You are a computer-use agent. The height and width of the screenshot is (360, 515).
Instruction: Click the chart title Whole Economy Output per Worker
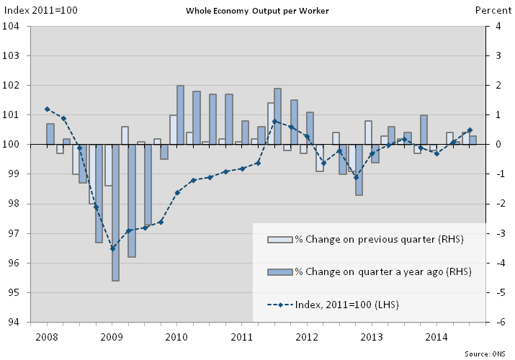click(x=257, y=11)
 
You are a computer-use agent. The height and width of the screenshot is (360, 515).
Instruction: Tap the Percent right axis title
click(x=493, y=9)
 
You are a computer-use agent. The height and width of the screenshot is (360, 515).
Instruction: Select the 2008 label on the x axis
click(x=46, y=336)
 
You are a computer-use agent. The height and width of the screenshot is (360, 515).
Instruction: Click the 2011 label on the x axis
click(x=241, y=336)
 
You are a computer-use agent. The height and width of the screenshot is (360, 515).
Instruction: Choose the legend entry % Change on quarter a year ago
click(x=383, y=272)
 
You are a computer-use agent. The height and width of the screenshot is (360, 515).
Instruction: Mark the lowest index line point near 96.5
click(x=112, y=248)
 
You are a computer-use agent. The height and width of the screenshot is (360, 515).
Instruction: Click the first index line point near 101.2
click(x=47, y=109)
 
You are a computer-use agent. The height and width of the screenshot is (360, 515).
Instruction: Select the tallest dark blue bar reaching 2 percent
click(x=180, y=114)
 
